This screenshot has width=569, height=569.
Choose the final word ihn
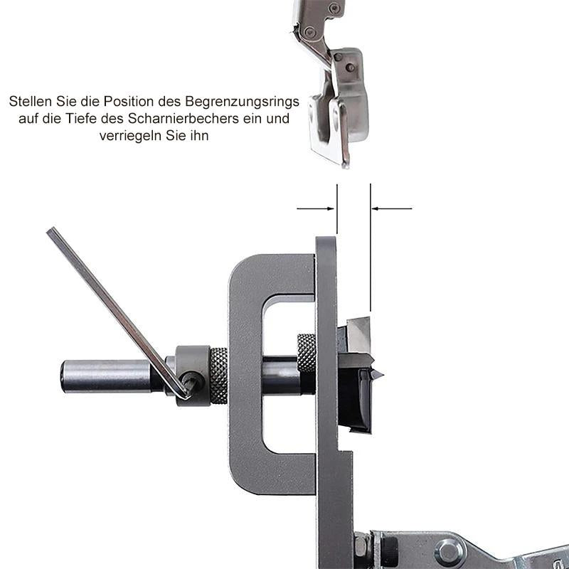[199, 135]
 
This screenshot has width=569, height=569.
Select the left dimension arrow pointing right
[317, 208]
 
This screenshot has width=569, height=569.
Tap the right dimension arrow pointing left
[392, 208]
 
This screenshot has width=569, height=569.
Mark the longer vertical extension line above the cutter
[371, 249]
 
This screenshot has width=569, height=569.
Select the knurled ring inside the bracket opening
[307, 353]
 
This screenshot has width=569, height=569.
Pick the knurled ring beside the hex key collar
[218, 376]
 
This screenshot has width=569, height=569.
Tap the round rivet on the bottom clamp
[449, 551]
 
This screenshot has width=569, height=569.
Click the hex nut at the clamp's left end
[362, 551]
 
